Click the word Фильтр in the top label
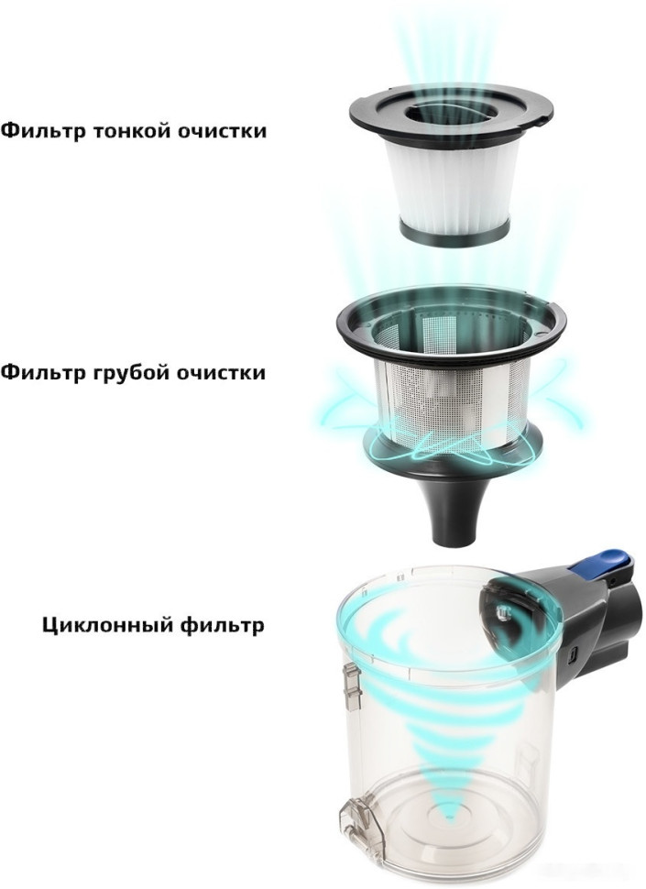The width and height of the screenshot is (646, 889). coord(42,131)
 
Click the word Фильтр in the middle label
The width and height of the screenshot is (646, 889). coord(42,374)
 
